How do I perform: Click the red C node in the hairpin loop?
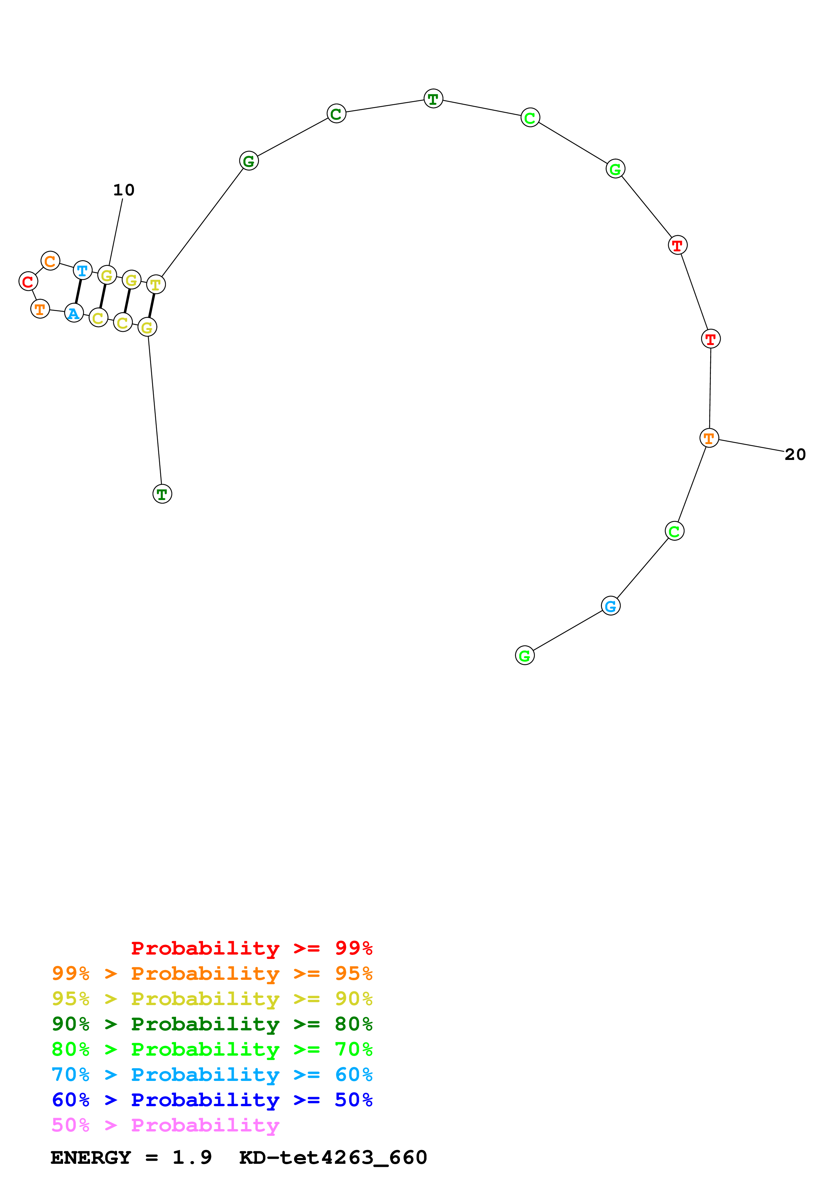(28, 282)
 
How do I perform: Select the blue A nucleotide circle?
(74, 313)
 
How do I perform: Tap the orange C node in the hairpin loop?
(50, 261)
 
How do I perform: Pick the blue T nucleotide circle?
(82, 270)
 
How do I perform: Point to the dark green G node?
(249, 161)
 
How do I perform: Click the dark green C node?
(336, 114)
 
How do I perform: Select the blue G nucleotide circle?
(610, 606)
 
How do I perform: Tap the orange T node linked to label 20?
(709, 438)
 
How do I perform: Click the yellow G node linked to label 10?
(107, 275)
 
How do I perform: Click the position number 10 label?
(124, 190)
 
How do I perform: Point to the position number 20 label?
(795, 455)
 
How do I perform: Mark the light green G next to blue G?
(524, 655)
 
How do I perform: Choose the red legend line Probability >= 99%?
(251, 948)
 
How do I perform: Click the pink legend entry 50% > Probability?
(165, 1125)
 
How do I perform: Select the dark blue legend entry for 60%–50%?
(212, 1100)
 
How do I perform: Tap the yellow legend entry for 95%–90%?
(212, 999)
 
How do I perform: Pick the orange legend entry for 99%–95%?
(212, 973)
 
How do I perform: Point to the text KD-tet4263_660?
(333, 1157)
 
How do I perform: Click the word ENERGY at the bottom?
(91, 1157)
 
